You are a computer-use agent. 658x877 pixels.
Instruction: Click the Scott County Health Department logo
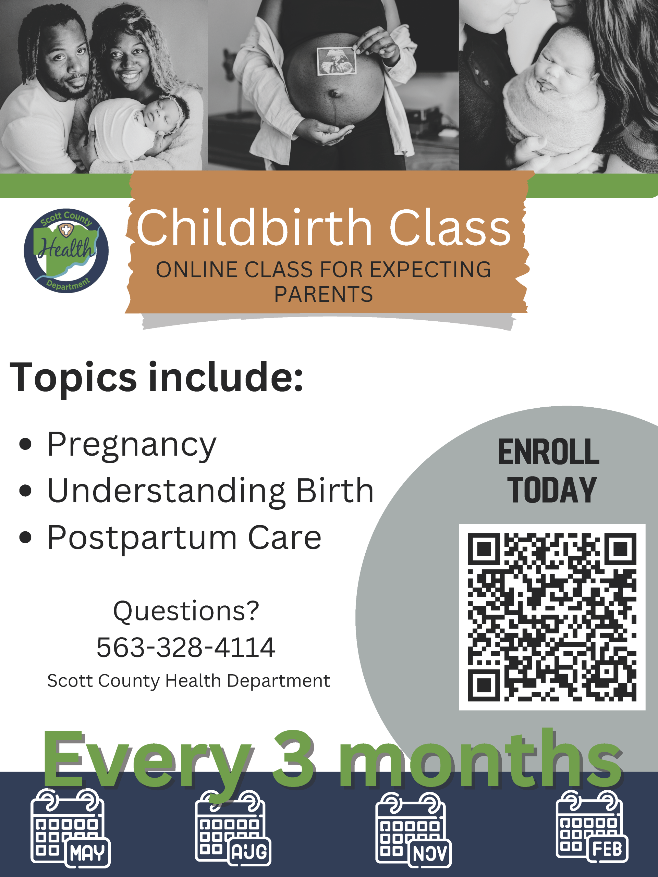[x=66, y=250]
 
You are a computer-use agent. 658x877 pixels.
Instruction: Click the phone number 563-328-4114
[x=186, y=647]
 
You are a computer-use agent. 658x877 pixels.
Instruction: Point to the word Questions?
[x=186, y=610]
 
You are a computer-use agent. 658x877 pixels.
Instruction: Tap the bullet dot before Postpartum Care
[x=25, y=538]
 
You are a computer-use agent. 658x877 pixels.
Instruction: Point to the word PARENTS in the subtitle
[x=324, y=294]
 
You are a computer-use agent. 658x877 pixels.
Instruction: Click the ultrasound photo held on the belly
[x=336, y=61]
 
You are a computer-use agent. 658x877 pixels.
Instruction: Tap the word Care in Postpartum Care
[x=284, y=538]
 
